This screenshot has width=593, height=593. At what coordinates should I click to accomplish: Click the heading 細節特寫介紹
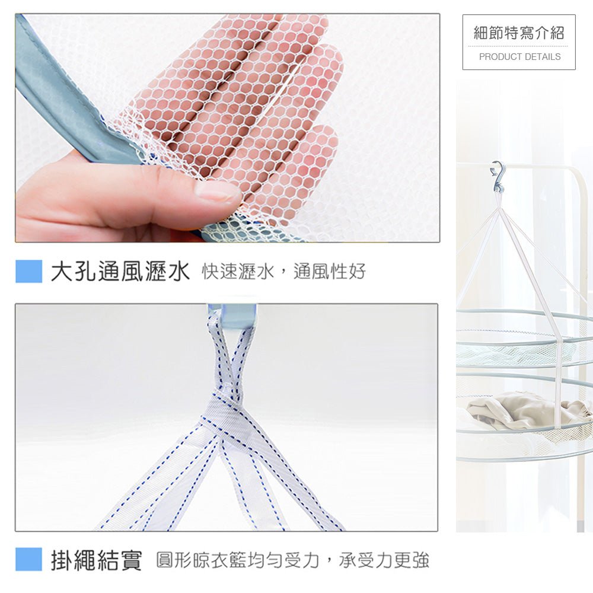coord(519,33)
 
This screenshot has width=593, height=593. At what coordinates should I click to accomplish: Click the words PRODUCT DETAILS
coord(519,57)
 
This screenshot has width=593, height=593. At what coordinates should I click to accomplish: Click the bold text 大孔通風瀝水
coord(120,272)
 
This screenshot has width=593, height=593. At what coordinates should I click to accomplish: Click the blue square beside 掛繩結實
coord(29,560)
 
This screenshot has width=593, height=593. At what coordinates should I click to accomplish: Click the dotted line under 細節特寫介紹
coord(519,46)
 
